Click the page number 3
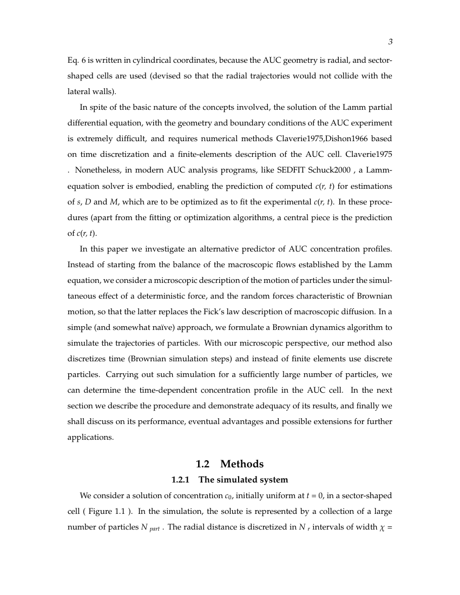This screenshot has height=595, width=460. point(390,42)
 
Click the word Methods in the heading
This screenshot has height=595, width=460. point(242,464)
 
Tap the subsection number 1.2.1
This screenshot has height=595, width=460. point(182,480)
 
